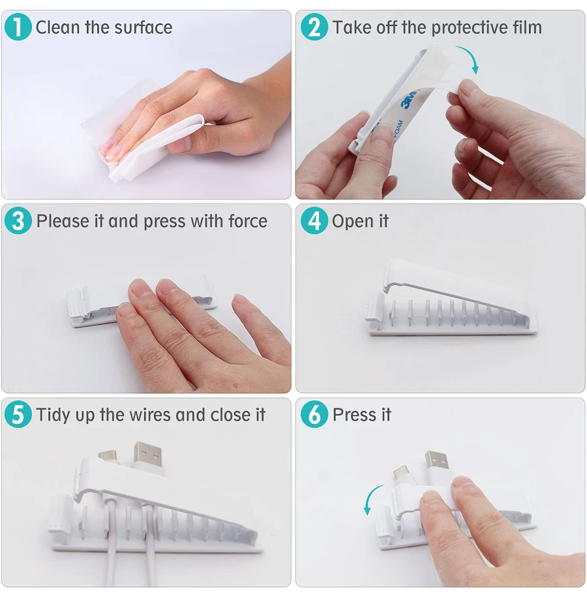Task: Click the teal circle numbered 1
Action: (x=18, y=27)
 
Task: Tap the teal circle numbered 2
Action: (x=314, y=27)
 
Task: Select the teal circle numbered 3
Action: (x=18, y=221)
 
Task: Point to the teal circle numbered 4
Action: (x=314, y=221)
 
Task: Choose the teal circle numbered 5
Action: (x=18, y=414)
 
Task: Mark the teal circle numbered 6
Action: (x=314, y=414)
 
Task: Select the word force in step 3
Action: (x=247, y=221)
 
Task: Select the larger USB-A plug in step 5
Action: (x=147, y=458)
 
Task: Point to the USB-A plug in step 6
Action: (x=436, y=466)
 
